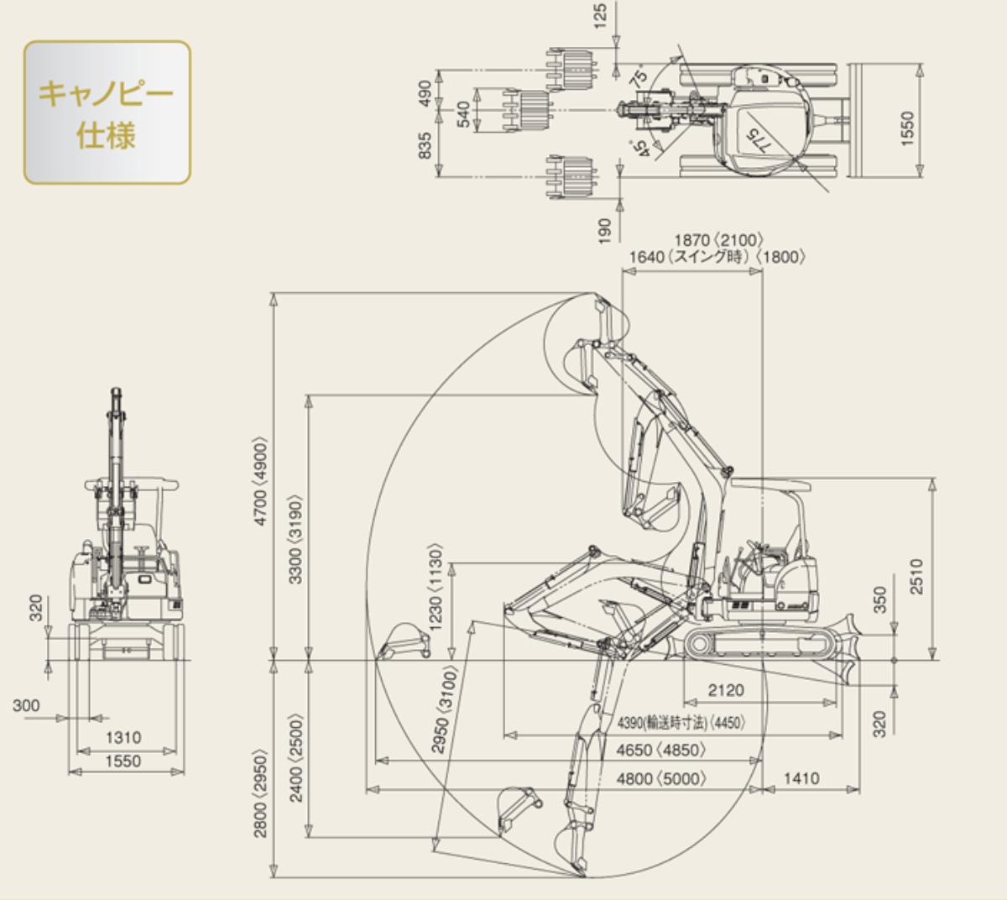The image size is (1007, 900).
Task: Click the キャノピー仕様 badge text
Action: [x=107, y=112]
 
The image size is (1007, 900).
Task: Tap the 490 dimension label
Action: [x=425, y=92]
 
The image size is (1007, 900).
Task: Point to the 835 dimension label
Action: [x=425, y=145]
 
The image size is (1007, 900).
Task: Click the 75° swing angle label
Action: [x=639, y=77]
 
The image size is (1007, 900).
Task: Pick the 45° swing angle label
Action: [x=640, y=149]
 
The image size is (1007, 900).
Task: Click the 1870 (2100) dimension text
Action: [x=718, y=241]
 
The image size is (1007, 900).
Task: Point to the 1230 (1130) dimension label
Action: [x=436, y=587]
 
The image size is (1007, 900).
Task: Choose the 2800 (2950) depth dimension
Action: [x=261, y=795]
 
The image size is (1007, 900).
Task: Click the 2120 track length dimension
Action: [x=726, y=690]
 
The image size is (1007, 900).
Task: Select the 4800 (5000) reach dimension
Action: [x=661, y=778]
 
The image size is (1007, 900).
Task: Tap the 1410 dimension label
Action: [x=801, y=778]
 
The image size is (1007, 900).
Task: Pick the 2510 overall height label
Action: [x=916, y=577]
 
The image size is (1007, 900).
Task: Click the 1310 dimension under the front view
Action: [x=123, y=737]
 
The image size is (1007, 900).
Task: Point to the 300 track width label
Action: [x=26, y=705]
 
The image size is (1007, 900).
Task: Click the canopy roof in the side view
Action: [x=770, y=485]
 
